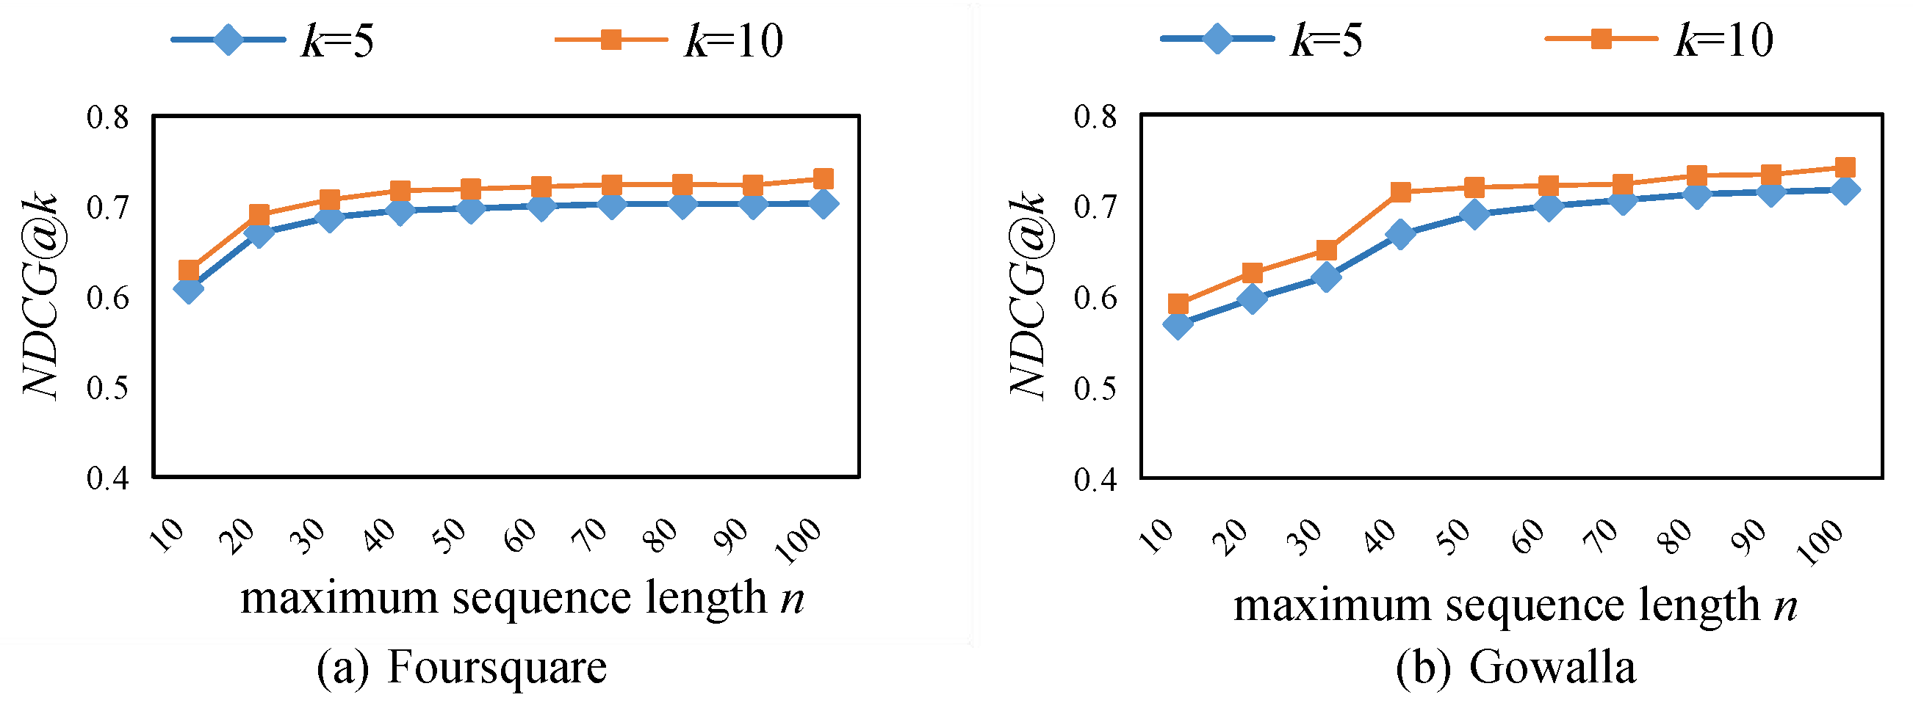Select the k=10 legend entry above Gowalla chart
pos(1660,40)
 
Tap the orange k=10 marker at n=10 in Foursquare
pos(189,270)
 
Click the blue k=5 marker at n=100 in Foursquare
pos(824,203)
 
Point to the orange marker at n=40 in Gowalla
pos(1400,192)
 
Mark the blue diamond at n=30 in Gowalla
pos(1326,277)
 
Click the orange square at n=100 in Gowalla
pos(1845,167)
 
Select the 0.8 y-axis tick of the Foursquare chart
pos(108,117)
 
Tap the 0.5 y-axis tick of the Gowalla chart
pos(1095,388)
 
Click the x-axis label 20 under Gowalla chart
pos(1230,537)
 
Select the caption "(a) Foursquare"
pos(461,667)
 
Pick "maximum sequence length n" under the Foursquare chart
pos(522,598)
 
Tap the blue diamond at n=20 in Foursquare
pos(259,234)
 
